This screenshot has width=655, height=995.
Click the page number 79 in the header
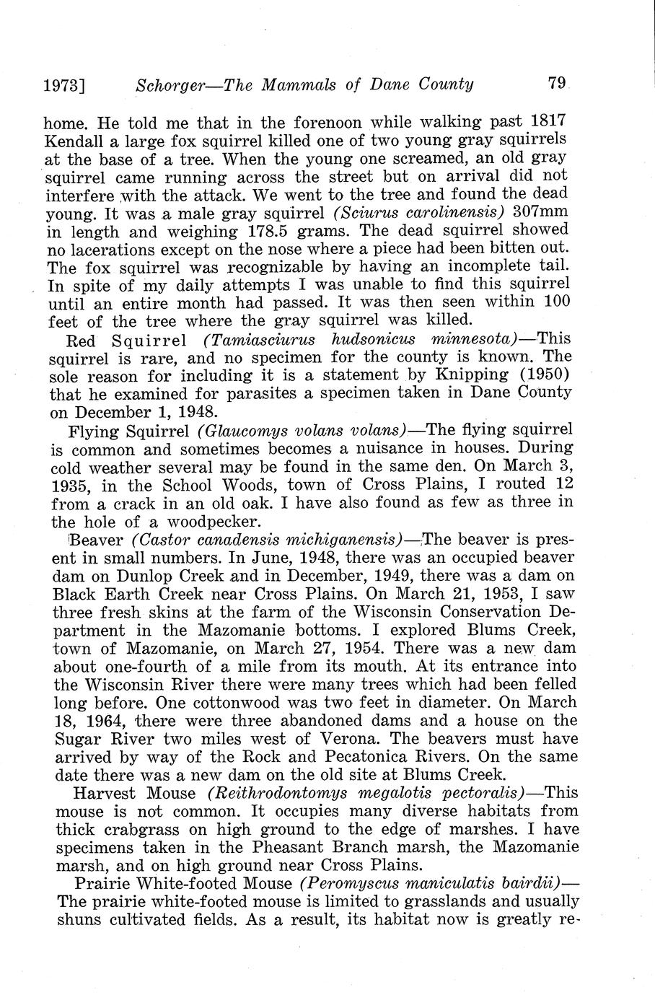557,84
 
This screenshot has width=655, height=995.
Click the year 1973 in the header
63,87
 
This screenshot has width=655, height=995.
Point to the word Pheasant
287,848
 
